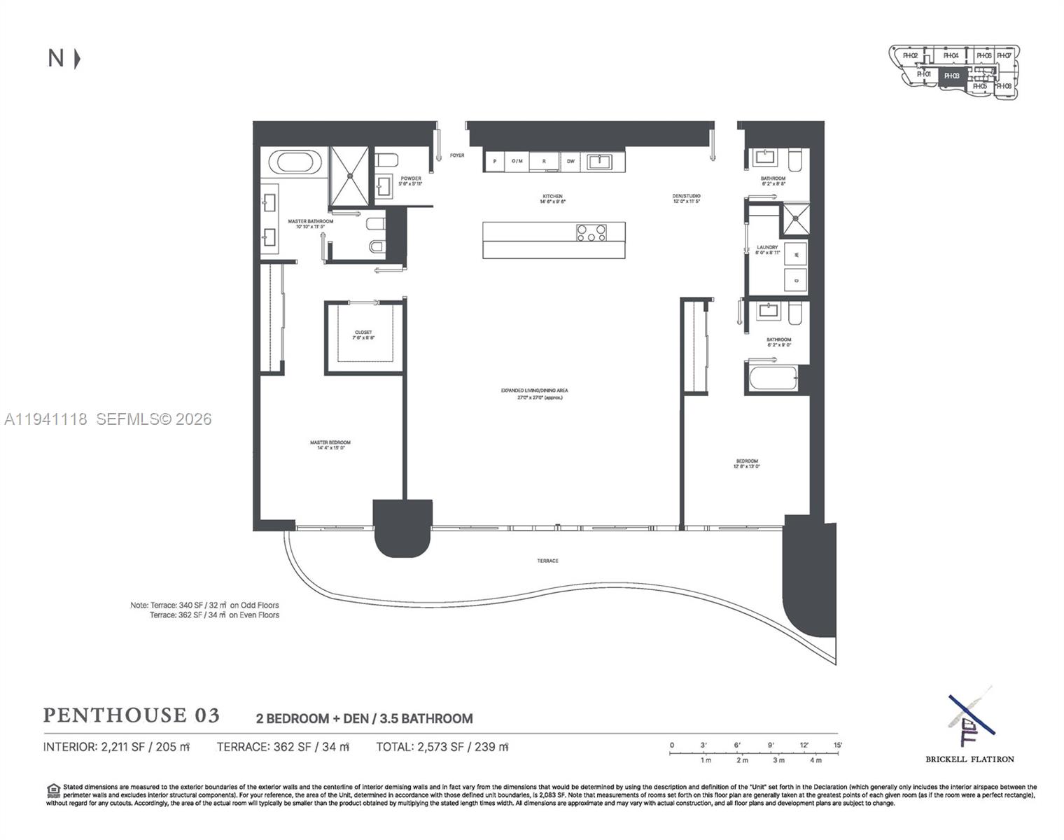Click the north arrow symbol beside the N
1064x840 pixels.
pyautogui.click(x=77, y=59)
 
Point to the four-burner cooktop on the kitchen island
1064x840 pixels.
pyautogui.click(x=591, y=232)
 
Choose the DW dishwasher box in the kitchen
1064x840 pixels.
pyautogui.click(x=570, y=162)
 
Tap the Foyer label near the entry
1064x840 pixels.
pyautogui.click(x=457, y=155)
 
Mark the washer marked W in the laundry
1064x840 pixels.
pyautogui.click(x=795, y=254)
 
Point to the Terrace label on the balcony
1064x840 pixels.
pyautogui.click(x=548, y=561)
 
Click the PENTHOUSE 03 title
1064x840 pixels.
pyautogui.click(x=132, y=715)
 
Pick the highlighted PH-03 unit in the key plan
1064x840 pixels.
pyautogui.click(x=952, y=76)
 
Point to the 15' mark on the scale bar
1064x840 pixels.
pyautogui.click(x=837, y=745)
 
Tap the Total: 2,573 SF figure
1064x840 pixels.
pyautogui.click(x=442, y=747)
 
